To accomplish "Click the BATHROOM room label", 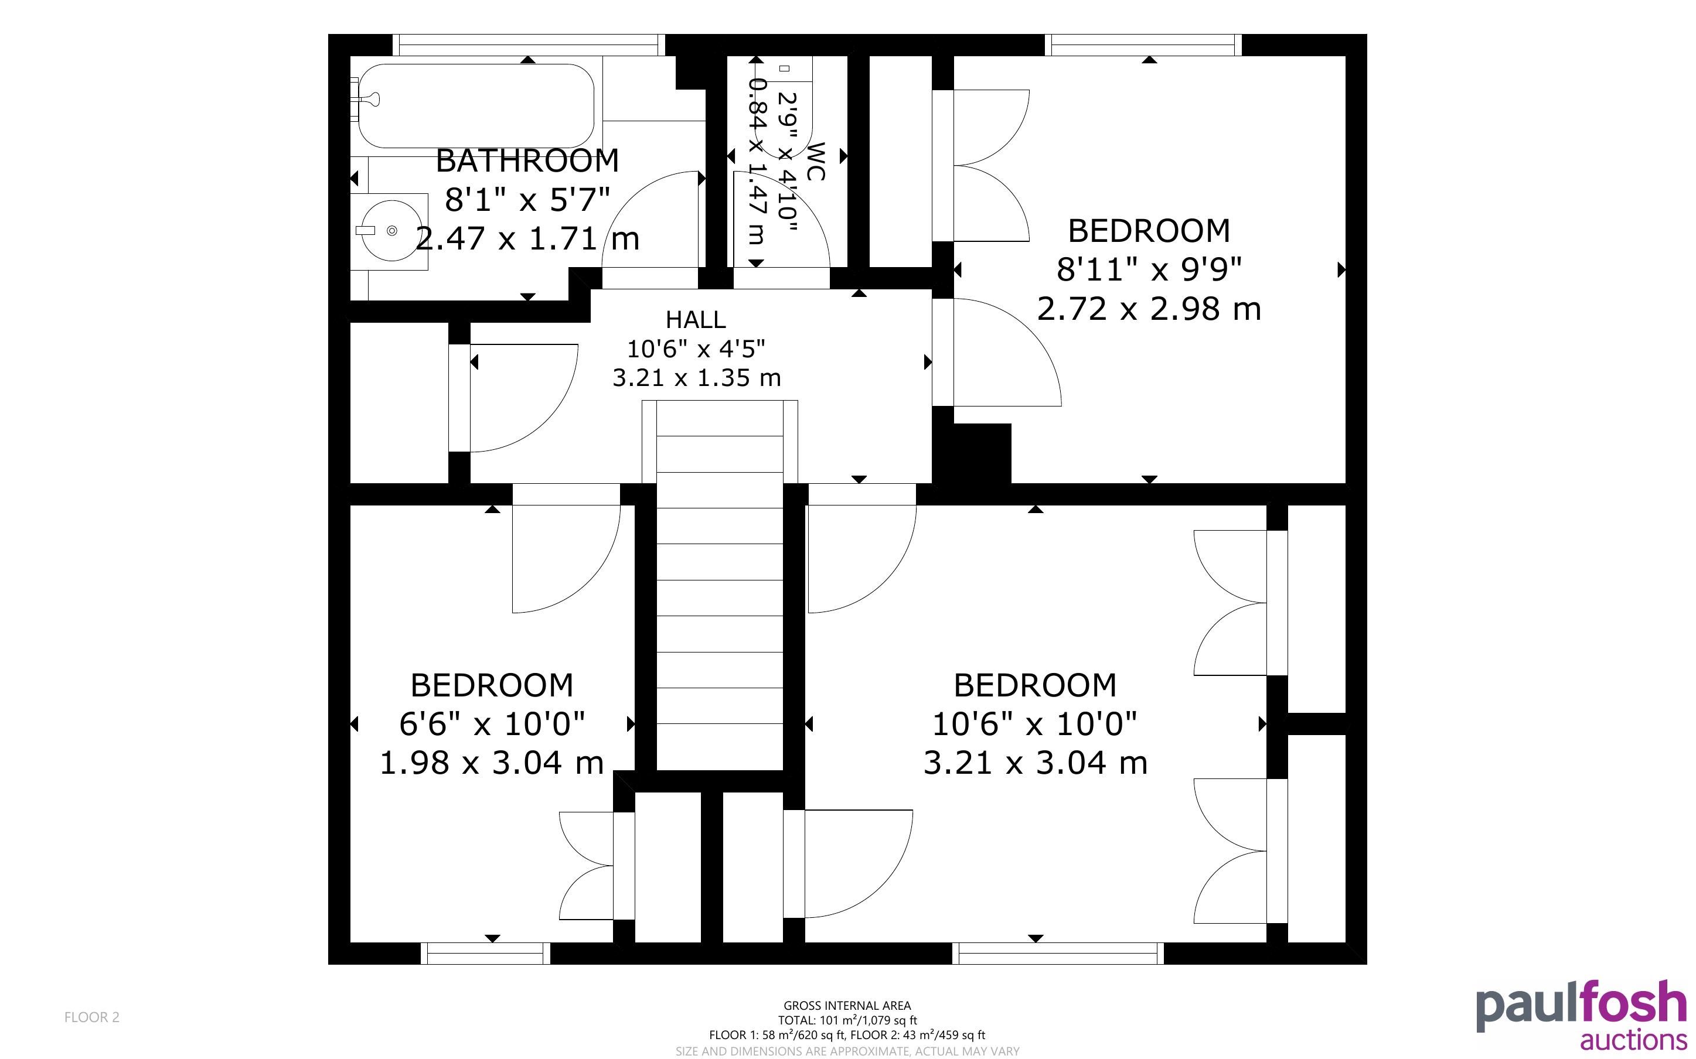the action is (527, 161).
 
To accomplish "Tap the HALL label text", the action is (696, 319).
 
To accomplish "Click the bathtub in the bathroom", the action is (476, 106).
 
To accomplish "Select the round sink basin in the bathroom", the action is (391, 230).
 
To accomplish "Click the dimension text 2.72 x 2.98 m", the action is (1149, 309).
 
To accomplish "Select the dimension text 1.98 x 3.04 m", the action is (492, 763).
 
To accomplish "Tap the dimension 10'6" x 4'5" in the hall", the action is (696, 348).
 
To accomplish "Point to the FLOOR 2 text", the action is (92, 1017).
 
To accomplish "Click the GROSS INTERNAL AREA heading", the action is (847, 1006).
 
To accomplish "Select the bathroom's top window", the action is (528, 45).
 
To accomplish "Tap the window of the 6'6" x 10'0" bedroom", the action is (485, 953).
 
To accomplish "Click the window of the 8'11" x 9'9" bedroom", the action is (1143, 45).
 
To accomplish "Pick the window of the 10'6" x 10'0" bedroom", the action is (1058, 953).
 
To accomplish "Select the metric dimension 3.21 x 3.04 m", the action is (1036, 763).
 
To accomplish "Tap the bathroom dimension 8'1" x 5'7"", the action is (527, 200).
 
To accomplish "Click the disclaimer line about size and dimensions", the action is (847, 1051).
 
